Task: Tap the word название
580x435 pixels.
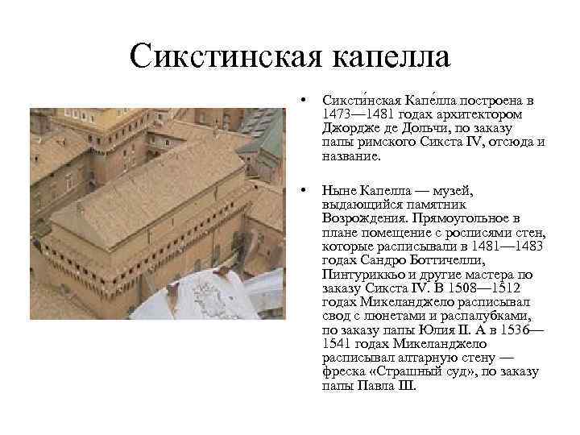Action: click(350, 156)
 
